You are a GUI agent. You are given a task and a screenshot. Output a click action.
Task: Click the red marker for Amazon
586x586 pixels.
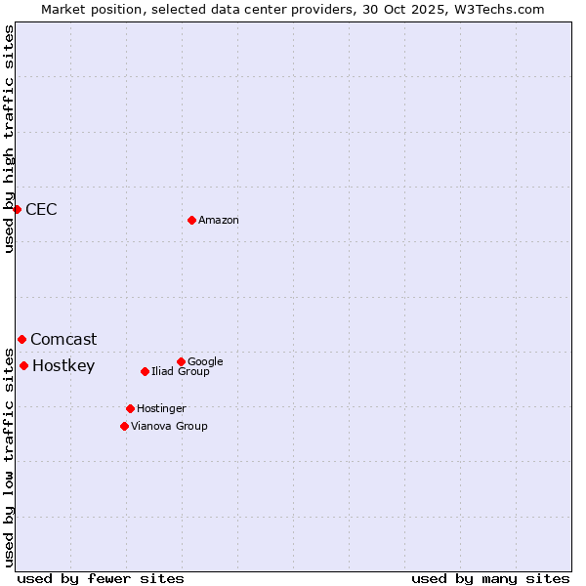click(191, 220)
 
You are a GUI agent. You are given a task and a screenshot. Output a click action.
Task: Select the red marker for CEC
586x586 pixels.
click(17, 209)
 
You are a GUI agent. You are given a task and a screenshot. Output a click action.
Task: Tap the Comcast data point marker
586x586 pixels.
click(21, 339)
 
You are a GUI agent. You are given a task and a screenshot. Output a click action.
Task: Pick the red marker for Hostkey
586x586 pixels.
click(23, 365)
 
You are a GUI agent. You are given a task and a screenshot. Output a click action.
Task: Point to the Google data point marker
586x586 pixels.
click(181, 361)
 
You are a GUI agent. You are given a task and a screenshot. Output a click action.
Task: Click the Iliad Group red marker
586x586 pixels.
click(145, 371)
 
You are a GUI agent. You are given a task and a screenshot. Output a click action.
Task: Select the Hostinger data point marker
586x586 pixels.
click(130, 408)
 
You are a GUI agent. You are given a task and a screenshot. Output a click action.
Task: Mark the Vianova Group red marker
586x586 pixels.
click(124, 426)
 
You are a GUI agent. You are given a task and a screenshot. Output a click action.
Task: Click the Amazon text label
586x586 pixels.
click(219, 221)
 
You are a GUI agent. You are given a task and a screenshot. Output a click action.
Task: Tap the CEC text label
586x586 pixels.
click(41, 209)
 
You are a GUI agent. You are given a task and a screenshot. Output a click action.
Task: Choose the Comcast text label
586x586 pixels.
click(63, 340)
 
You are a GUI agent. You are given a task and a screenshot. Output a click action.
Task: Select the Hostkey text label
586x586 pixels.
click(63, 366)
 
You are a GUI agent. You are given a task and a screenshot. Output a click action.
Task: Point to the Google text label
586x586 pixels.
click(205, 361)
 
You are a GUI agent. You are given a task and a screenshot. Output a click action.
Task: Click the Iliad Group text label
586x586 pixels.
click(181, 371)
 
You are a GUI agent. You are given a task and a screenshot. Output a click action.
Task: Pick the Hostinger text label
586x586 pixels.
click(161, 408)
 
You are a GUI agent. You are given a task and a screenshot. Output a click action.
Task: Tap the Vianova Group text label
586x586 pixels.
click(169, 426)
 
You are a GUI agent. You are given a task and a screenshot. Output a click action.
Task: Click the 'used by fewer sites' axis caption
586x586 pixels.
click(101, 578)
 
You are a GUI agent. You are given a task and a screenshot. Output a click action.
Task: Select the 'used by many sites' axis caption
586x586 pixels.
click(490, 578)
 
